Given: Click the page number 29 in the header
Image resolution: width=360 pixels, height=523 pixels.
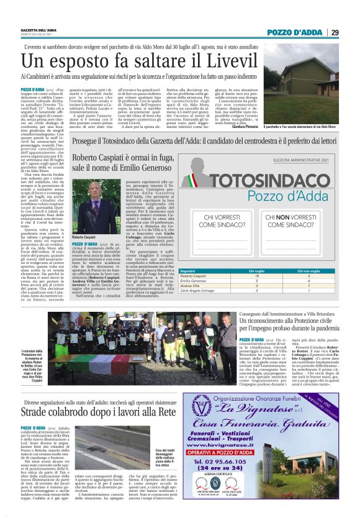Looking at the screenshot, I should coord(351,32).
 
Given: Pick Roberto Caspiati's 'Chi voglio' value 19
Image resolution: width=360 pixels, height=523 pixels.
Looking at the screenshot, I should coord(256,276).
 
